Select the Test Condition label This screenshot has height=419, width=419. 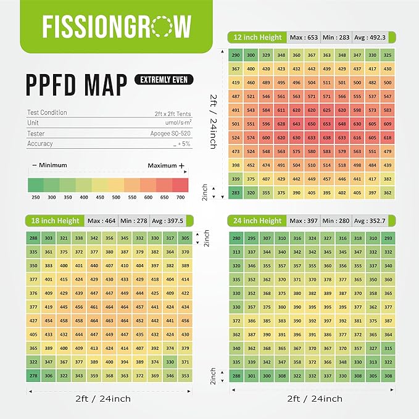47,113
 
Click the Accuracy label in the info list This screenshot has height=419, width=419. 39,144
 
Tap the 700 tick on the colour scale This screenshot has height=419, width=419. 181,197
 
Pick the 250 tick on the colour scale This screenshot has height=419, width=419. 36,197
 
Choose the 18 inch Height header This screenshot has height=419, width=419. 52,221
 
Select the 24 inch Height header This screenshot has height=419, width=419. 257,221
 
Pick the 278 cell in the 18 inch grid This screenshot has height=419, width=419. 33,376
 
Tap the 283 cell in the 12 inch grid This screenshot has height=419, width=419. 236,192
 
